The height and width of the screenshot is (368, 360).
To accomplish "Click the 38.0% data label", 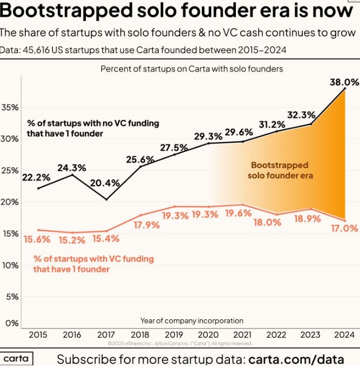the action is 344,82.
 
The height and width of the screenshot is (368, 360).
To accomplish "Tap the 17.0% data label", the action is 344,228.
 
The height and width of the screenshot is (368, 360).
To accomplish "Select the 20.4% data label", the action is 105,183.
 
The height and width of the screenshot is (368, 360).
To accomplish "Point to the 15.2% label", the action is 72,240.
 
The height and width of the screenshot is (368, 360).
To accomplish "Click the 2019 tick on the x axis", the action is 174,334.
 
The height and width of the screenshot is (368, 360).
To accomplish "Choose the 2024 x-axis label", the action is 344,334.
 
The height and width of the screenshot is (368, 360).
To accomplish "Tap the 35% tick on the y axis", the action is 10,108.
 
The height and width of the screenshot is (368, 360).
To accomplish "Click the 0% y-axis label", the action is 12,323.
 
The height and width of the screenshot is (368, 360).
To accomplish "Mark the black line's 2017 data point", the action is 107,199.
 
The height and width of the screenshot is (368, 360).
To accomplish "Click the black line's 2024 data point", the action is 345,88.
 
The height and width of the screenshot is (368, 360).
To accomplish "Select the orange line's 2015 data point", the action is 39,230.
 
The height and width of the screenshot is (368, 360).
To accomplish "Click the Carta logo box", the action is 16,358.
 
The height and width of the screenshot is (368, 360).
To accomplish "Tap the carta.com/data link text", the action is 296,359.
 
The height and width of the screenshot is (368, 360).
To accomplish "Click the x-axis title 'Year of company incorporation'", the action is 192,320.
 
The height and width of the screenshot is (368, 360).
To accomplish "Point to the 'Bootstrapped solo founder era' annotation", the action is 280,170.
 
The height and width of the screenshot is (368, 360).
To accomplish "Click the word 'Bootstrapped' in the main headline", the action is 66,11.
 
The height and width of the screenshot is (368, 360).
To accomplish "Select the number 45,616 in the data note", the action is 36,50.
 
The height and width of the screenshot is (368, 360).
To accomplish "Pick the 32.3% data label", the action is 301,115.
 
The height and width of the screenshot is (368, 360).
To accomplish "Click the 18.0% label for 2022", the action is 267,222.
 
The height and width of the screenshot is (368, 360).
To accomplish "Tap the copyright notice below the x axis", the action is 180,344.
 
